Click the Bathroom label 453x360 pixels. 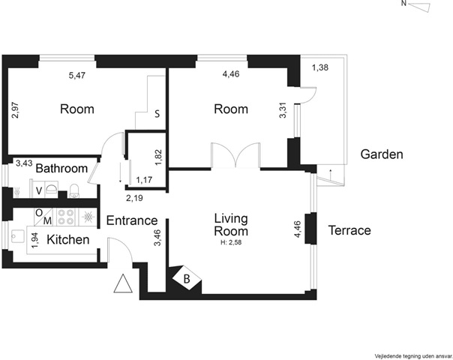[x=61, y=168]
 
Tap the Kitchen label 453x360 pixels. [x=68, y=240]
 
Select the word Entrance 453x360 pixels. [x=132, y=220]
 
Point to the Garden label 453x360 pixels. [x=382, y=154]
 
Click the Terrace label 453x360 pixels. [x=349, y=230]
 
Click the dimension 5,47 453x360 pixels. [x=77, y=76]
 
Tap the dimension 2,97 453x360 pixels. [x=15, y=109]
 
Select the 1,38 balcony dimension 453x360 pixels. [x=320, y=67]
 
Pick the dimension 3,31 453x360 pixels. [x=283, y=110]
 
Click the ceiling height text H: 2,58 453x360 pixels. [x=231, y=242]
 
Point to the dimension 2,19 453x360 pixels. [x=134, y=198]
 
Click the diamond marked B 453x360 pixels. [x=187, y=278]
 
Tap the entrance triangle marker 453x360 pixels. [x=123, y=283]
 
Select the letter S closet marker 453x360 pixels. [x=157, y=114]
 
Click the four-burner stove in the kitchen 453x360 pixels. [x=65, y=217]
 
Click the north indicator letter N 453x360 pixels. [x=404, y=4]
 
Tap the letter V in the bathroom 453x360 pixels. [x=39, y=190]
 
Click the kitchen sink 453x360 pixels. [x=16, y=238]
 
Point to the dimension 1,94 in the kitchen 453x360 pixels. [x=35, y=241]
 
